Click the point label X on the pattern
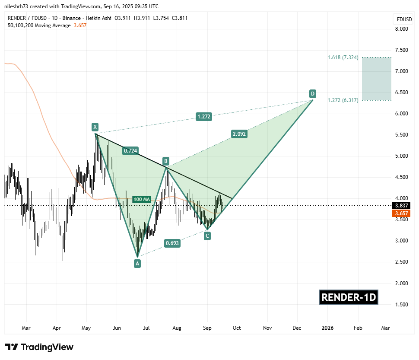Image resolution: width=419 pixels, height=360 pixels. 95,127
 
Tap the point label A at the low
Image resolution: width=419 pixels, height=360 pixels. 137,263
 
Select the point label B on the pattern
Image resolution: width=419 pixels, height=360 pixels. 165,162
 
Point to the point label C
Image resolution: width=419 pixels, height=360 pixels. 207,236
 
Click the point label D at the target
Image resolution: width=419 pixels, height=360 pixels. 312,93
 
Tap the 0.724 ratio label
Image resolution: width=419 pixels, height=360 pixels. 130,151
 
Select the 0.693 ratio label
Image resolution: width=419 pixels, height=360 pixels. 172,243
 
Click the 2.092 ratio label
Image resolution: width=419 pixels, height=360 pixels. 239,134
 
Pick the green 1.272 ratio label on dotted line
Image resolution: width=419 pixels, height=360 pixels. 204,116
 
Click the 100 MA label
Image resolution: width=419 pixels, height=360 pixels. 142,199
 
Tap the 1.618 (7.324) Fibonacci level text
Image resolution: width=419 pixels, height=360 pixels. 343,57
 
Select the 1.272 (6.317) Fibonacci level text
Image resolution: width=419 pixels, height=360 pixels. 343,100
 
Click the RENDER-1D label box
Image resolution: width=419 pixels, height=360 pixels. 349,297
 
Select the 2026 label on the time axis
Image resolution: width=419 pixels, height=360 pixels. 327,328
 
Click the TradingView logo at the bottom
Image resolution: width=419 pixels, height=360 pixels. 39,347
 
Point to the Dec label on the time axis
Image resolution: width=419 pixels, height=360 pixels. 297,328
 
